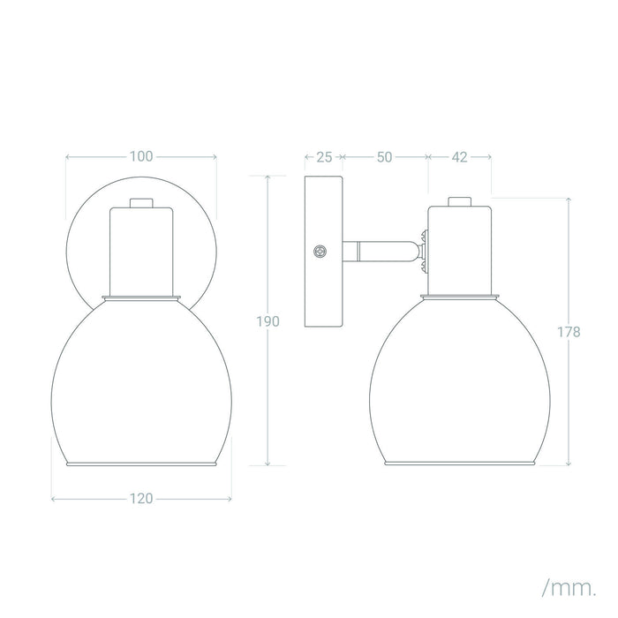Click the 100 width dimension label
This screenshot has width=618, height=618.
(141, 157)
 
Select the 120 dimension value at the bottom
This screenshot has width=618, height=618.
(141, 498)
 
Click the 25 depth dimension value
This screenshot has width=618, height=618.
(324, 157)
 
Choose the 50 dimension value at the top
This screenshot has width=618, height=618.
(384, 157)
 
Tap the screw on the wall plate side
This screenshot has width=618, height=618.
(320, 252)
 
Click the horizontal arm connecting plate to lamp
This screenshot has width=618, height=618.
(380, 252)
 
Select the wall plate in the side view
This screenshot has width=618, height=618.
(324, 252)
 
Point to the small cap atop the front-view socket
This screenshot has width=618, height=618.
(141, 201)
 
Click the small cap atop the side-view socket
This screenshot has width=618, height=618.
(459, 201)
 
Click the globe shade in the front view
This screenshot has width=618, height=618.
(141, 380)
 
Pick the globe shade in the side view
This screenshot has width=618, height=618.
(459, 380)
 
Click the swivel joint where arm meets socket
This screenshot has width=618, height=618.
(424, 251)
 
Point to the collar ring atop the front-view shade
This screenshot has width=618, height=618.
(141, 296)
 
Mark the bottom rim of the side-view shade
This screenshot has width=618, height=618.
(459, 462)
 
